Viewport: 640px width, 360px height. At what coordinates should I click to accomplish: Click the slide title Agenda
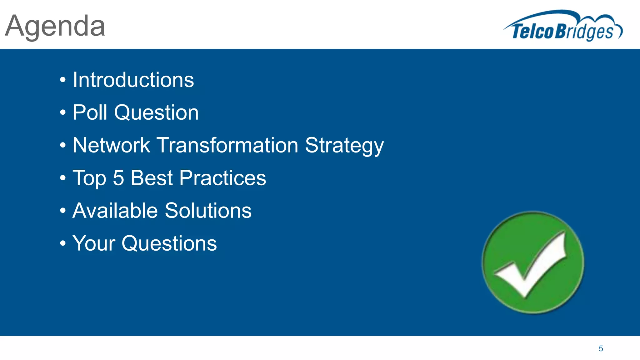[55, 27]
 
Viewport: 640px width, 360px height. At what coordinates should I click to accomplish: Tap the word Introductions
[133, 80]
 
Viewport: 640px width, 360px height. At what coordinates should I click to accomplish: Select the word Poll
[90, 112]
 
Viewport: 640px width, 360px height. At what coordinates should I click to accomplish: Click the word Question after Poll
[156, 112]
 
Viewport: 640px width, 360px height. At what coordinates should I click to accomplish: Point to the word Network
[111, 145]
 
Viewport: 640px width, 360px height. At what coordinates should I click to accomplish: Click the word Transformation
[227, 145]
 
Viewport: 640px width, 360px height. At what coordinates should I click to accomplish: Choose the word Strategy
[344, 146]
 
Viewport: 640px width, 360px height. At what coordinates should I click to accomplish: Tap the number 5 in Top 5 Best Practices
[118, 178]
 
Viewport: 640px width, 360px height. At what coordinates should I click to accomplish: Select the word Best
[152, 178]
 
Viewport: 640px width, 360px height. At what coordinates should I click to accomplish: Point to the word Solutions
[208, 211]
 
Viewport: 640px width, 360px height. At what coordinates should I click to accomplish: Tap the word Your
[94, 243]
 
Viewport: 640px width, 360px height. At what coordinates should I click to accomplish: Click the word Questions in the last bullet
[169, 243]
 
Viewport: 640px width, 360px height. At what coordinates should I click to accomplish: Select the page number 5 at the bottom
[601, 349]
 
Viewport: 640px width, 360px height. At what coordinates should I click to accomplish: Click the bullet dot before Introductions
[63, 80]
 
